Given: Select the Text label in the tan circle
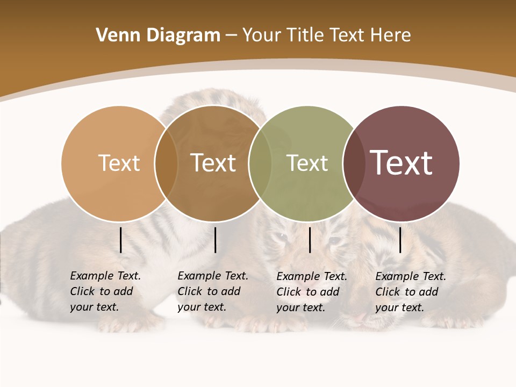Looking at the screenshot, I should [119, 163].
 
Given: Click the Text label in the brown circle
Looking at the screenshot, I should [213, 163].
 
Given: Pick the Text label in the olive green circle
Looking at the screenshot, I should [307, 163].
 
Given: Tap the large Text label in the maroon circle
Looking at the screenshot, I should [401, 163].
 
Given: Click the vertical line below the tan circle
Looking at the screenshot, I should [121, 240].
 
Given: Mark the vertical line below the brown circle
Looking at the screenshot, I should [215, 240].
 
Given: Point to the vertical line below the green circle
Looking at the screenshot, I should [310, 240].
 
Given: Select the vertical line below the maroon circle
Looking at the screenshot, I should [400, 240].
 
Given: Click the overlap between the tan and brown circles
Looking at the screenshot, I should [166, 163].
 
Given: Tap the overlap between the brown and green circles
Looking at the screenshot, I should [260, 163].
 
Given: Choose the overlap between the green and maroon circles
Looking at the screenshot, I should [354, 163].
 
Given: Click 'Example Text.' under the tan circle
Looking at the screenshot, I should [105, 276].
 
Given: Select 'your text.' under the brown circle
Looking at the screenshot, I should [202, 307].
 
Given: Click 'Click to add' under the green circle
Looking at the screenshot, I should [308, 292].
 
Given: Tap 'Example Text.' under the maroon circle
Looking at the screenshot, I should [411, 276].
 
